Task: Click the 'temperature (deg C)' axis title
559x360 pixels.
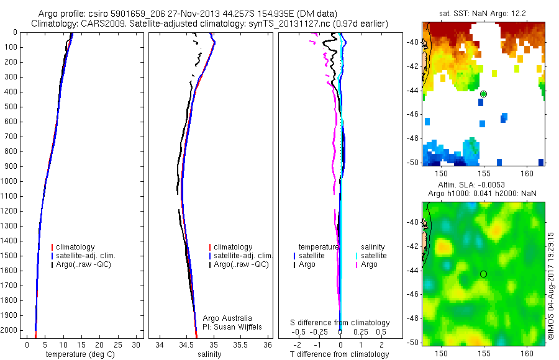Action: [x=78, y=354]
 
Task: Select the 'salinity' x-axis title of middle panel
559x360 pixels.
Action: [x=209, y=354]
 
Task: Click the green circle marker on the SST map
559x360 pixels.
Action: [x=483, y=94]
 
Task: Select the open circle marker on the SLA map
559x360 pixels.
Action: [x=483, y=274]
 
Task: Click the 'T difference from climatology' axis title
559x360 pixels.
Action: [x=339, y=354]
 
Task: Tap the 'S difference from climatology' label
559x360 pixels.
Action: [x=340, y=323]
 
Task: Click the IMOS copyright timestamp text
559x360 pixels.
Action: [x=550, y=286]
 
